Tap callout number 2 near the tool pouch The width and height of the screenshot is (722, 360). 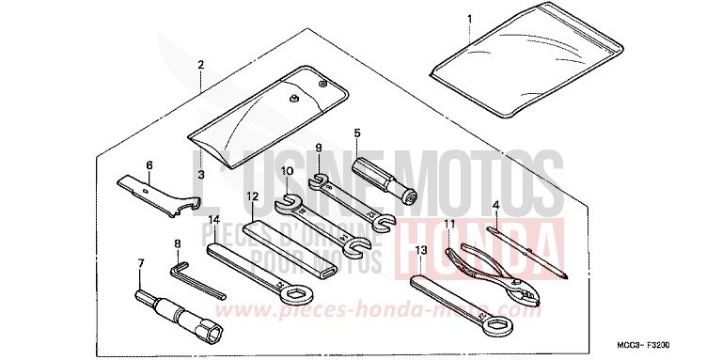200,65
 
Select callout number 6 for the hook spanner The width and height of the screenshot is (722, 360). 149,164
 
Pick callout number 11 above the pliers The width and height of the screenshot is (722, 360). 449,224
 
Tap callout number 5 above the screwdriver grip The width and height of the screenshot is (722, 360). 357,134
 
